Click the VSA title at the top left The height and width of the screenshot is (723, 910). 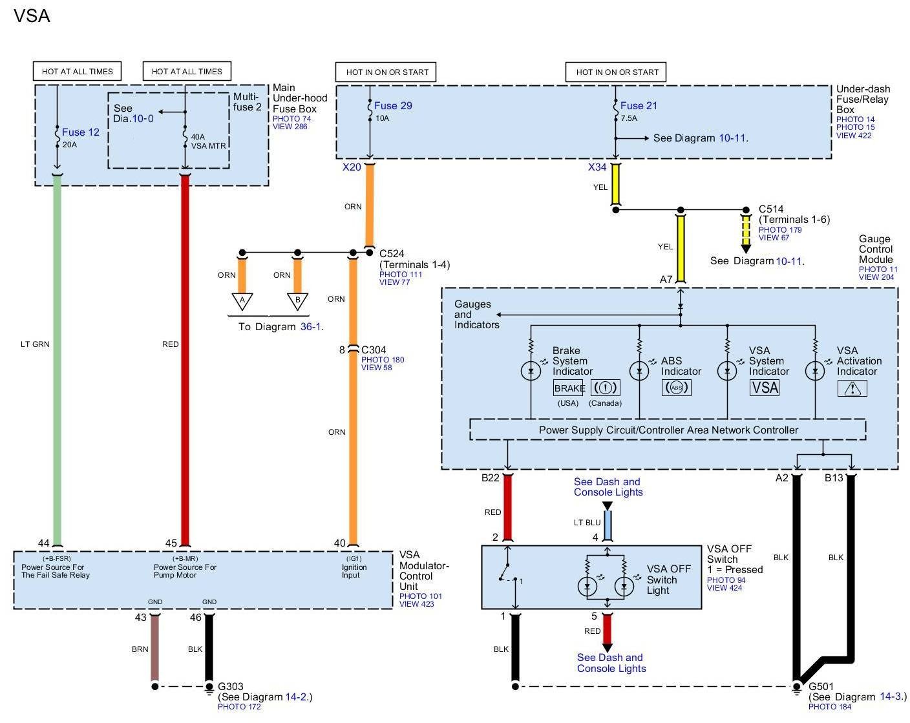[32, 16]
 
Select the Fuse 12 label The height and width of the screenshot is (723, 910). [80, 132]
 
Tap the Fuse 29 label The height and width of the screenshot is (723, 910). [393, 105]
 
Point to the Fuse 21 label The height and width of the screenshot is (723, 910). [639, 105]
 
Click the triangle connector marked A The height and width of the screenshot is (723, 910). [242, 301]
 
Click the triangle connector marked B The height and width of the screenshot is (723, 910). [298, 301]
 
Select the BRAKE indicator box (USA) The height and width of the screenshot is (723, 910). [568, 388]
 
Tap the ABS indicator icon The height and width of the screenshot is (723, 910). [676, 387]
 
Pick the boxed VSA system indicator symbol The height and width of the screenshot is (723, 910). [764, 387]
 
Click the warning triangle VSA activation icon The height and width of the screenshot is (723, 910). [852, 388]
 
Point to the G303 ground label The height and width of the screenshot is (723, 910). [231, 686]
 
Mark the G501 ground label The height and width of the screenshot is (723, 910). [821, 686]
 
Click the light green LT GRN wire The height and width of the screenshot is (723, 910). [57, 359]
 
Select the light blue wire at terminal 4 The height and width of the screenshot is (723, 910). [608, 525]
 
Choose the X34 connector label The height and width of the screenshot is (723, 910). [597, 167]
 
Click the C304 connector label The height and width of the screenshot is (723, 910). [374, 350]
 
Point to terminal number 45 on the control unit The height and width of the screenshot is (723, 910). [171, 543]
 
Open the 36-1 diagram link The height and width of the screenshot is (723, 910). [310, 326]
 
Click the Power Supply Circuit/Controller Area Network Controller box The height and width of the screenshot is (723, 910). [668, 430]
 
